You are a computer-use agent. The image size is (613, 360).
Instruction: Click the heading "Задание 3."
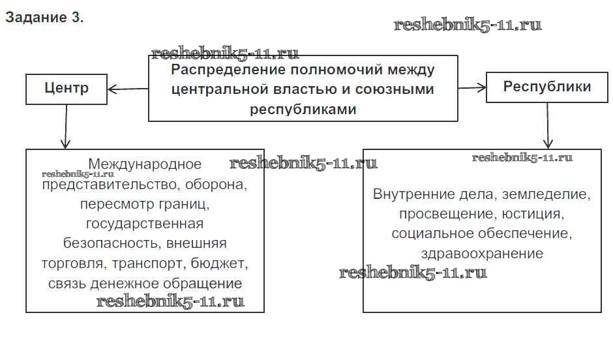click(44, 18)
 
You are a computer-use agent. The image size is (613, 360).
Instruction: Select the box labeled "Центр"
click(67, 88)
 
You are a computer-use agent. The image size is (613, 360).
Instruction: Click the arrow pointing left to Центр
click(128, 88)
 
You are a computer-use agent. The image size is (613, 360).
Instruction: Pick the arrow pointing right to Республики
click(472, 87)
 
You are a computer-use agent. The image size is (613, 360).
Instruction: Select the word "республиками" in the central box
click(303, 109)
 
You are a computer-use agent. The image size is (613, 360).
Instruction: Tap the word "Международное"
click(145, 164)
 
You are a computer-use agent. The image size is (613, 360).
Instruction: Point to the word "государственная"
click(145, 224)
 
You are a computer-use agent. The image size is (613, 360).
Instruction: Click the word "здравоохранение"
click(482, 254)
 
